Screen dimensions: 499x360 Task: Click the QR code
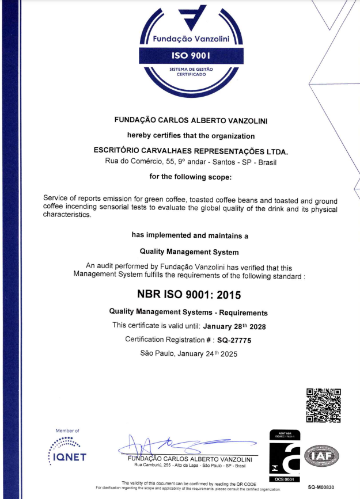pos(324,406)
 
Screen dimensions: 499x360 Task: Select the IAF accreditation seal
pos(321,456)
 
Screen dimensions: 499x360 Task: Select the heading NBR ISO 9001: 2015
pos(189,294)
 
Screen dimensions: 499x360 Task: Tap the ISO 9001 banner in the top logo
pos(191,56)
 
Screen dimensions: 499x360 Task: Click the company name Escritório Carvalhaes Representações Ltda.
pos(191,151)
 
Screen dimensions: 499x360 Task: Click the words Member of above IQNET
pos(67,431)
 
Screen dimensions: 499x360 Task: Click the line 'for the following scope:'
pos(190,176)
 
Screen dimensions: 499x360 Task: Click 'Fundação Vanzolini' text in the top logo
pos(191,40)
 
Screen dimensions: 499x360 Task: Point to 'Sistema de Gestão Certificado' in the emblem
pos(191,71)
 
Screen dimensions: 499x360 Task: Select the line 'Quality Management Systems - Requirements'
pos(188,313)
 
